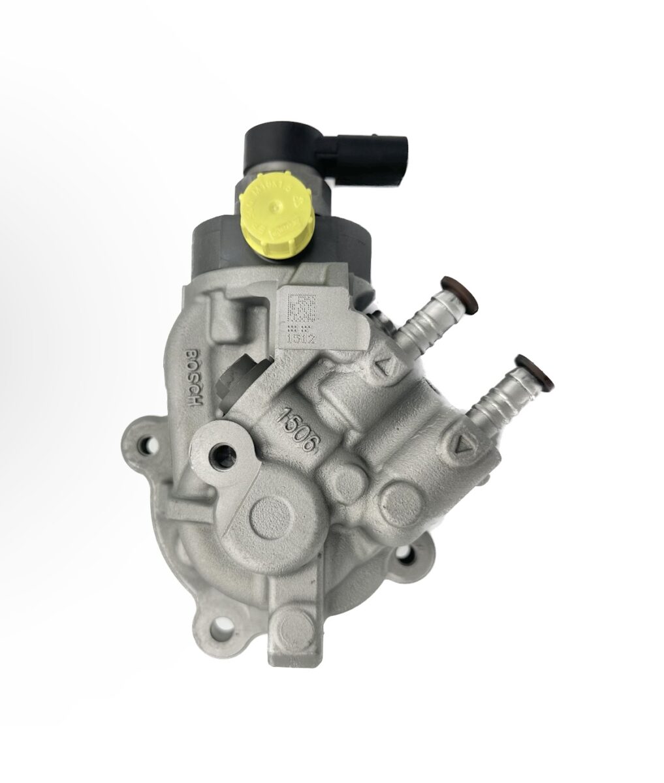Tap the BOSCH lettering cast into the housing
pyautogui.click(x=195, y=376)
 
